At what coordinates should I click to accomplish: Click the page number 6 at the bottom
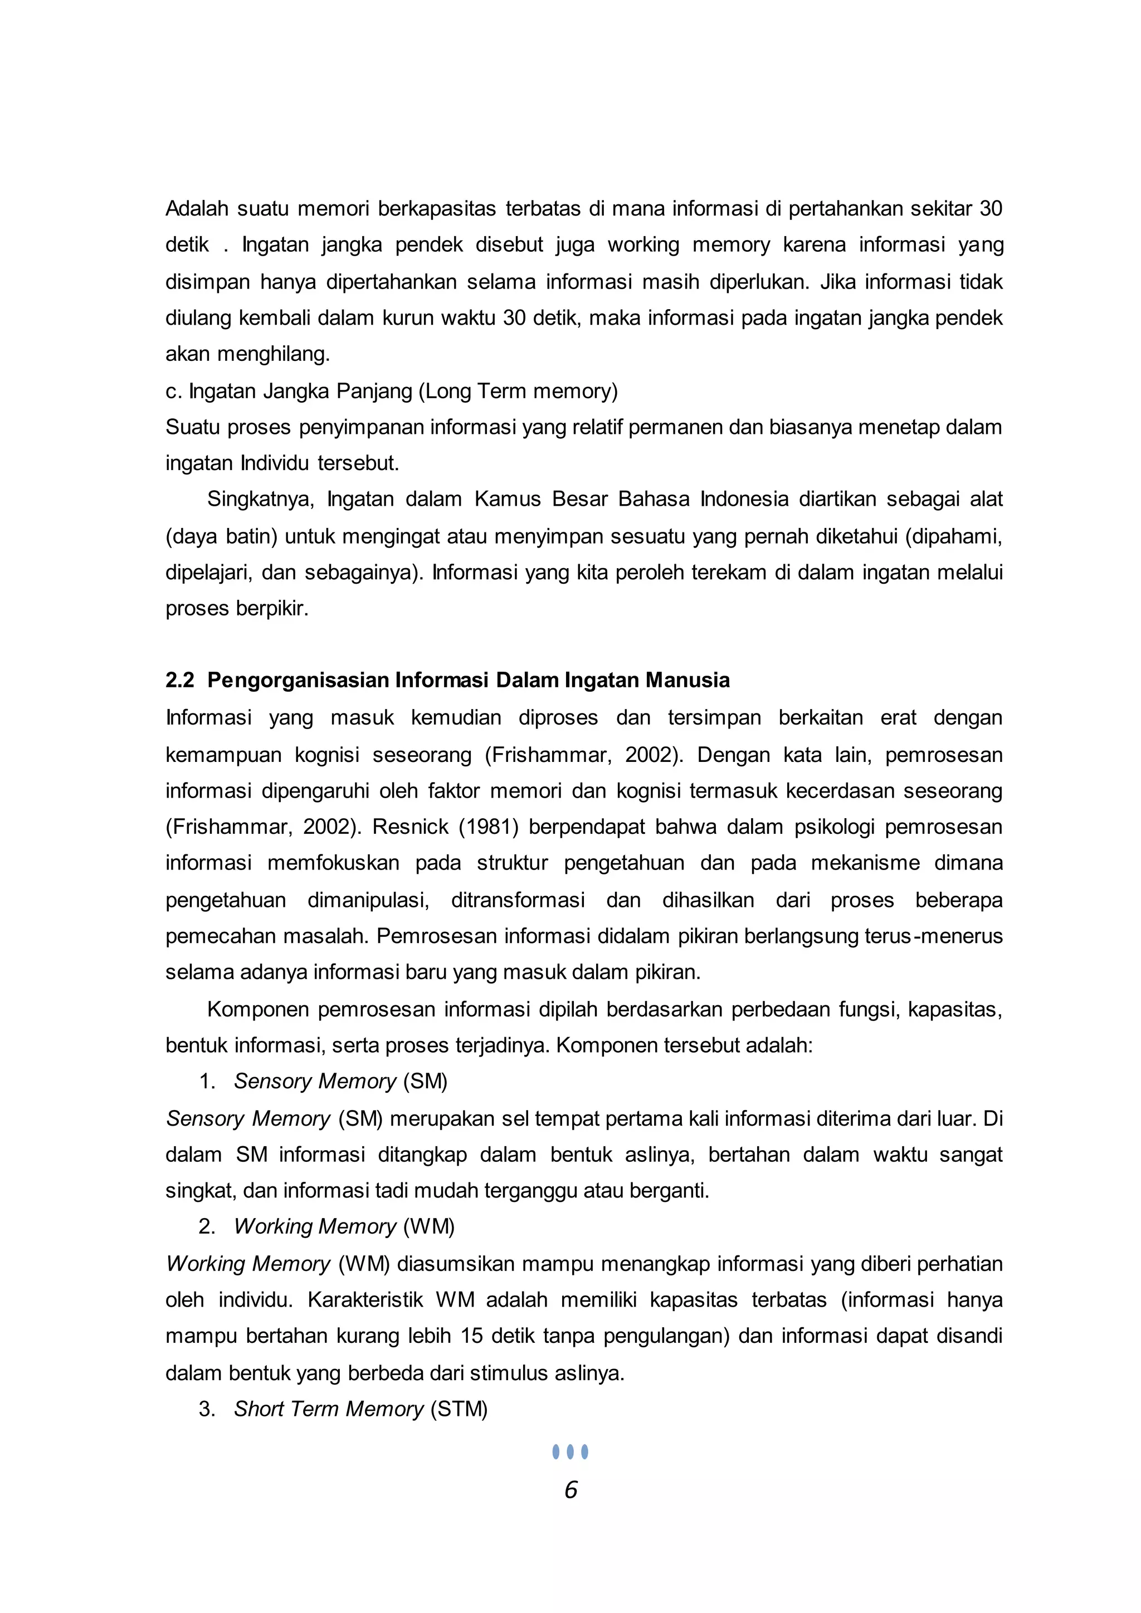point(570,1490)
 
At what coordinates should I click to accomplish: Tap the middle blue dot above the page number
point(570,1451)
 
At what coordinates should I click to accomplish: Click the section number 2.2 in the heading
point(180,680)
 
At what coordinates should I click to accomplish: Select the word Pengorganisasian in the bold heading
point(298,681)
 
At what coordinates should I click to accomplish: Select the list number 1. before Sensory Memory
point(207,1081)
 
